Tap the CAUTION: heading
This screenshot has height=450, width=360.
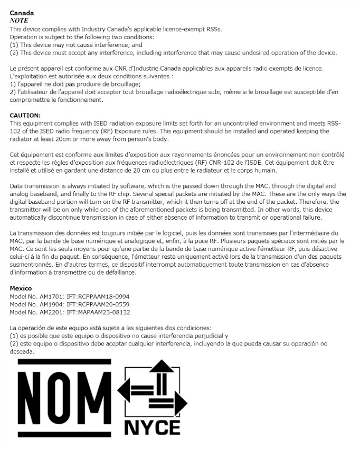coord(25,115)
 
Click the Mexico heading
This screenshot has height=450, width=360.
coord(21,288)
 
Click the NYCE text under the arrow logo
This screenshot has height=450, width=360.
coord(153,427)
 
